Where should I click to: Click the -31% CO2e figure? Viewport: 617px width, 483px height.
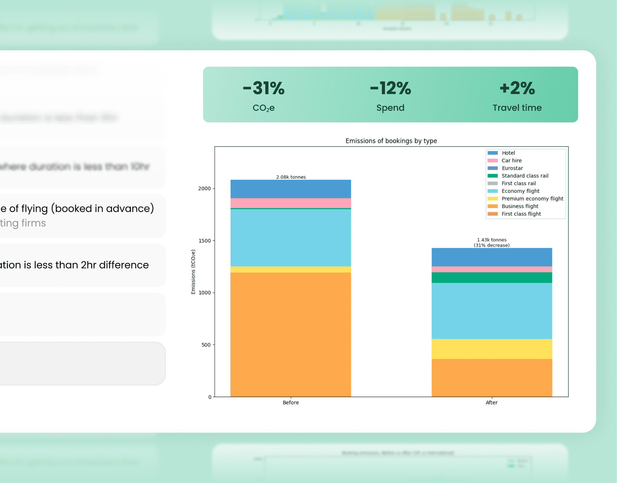263,88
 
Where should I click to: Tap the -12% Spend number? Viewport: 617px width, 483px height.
390,88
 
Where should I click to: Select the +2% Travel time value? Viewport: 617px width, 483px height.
517,88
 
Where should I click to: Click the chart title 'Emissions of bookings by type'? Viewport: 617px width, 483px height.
391,141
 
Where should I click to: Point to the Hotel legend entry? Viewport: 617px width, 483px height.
508,153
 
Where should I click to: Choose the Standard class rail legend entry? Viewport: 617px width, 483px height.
524,176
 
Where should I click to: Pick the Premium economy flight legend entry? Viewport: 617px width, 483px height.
532,198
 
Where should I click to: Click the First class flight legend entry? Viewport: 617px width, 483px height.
521,214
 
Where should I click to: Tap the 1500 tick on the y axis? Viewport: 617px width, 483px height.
204,240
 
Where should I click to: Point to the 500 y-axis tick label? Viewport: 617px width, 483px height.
206,345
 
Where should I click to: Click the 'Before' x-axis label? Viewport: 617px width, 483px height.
291,402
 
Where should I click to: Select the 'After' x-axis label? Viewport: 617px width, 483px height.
491,402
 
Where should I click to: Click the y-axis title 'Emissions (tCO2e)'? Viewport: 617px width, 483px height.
193,272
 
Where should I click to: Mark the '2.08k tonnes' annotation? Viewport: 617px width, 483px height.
291,177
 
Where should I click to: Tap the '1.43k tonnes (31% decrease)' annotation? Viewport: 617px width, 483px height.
491,242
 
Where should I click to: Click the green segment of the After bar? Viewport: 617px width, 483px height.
491,277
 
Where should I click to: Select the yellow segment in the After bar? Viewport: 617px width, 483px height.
491,349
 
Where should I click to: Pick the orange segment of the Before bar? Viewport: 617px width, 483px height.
291,335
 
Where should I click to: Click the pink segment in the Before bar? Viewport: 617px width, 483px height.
291,203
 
